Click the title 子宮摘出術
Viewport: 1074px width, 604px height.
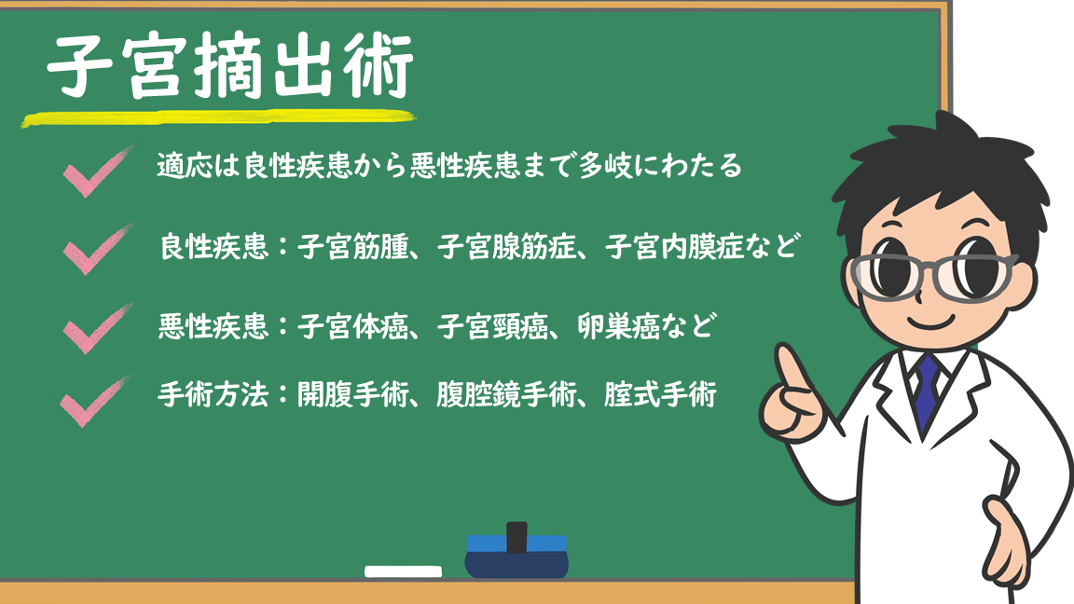pyautogui.click(x=230, y=66)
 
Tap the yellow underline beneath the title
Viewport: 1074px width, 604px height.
pyautogui.click(x=218, y=118)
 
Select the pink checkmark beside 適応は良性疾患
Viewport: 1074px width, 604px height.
pyautogui.click(x=96, y=172)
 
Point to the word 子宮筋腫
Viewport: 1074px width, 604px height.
pyautogui.click(x=352, y=246)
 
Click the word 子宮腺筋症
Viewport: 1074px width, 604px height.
pyautogui.click(x=506, y=246)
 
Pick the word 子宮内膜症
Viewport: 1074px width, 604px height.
pyautogui.click(x=674, y=246)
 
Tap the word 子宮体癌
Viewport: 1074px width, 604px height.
pyautogui.click(x=352, y=326)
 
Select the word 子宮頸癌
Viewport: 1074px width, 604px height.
pyautogui.click(x=492, y=326)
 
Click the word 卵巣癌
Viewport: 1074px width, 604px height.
pyautogui.click(x=618, y=326)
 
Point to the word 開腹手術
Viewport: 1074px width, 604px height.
pyautogui.click(x=352, y=394)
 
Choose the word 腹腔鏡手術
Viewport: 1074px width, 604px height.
pyautogui.click(x=506, y=394)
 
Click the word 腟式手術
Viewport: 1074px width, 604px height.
pyautogui.click(x=660, y=394)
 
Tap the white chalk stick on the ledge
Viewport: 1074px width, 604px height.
pyautogui.click(x=403, y=571)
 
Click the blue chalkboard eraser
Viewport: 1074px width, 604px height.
pyautogui.click(x=516, y=556)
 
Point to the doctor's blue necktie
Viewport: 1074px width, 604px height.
pyautogui.click(x=927, y=391)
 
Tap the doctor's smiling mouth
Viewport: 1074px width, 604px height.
pyautogui.click(x=933, y=321)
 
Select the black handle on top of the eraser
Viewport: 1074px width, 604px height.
pyautogui.click(x=516, y=537)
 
